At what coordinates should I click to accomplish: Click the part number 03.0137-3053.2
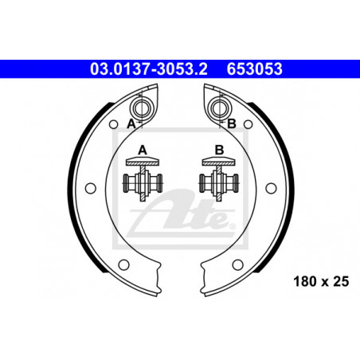[x=148, y=69]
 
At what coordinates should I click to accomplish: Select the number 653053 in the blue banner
[x=254, y=69]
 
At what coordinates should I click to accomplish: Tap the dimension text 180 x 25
[x=321, y=281]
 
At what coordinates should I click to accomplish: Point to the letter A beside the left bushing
[x=131, y=123]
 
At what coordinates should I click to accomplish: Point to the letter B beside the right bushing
[x=232, y=123]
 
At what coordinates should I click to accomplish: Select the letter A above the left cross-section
[x=143, y=151]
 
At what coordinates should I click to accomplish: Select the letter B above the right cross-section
[x=219, y=151]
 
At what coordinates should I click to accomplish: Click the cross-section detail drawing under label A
[x=143, y=179]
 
